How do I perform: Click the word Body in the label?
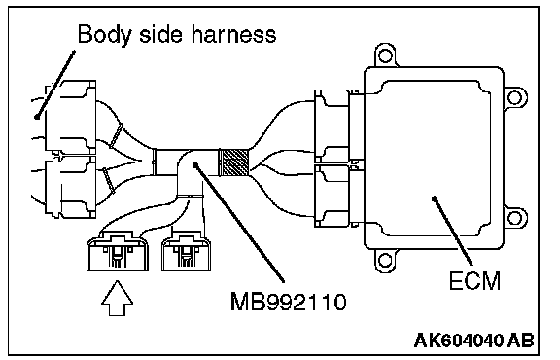click(x=104, y=36)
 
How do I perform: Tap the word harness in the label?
click(x=233, y=35)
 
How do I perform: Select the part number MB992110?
click(x=288, y=302)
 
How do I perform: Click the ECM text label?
click(x=474, y=280)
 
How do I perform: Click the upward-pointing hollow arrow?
click(x=117, y=298)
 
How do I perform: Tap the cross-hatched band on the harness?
click(x=233, y=162)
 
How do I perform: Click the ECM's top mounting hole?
click(x=385, y=55)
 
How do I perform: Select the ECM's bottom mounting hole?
click(x=385, y=260)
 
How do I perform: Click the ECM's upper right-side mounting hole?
click(x=514, y=97)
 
